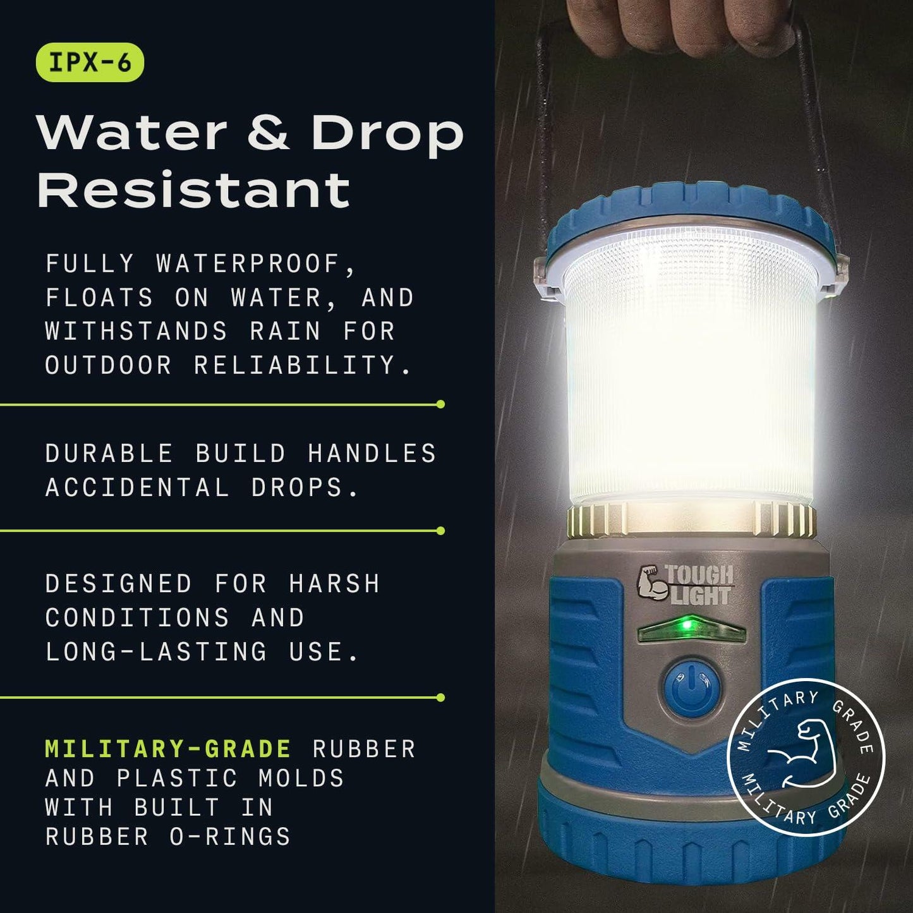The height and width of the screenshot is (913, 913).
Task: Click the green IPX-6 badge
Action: tap(90, 63)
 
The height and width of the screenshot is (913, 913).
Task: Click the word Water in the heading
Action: tap(132, 133)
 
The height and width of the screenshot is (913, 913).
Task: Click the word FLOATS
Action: tap(99, 298)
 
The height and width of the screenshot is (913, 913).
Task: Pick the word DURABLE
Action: tap(109, 454)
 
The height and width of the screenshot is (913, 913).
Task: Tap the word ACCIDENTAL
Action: tap(137, 487)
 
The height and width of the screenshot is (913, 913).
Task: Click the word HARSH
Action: tap(334, 584)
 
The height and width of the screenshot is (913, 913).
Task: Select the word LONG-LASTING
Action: tap(156, 651)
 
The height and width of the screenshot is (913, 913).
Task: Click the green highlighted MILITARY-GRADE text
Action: tap(168, 749)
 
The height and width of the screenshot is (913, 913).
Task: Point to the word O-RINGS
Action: tap(230, 837)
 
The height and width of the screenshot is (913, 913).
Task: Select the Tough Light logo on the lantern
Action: tap(686, 585)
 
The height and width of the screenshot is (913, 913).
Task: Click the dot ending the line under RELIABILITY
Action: tap(441, 404)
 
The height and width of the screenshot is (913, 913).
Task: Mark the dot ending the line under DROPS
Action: tap(441, 531)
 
